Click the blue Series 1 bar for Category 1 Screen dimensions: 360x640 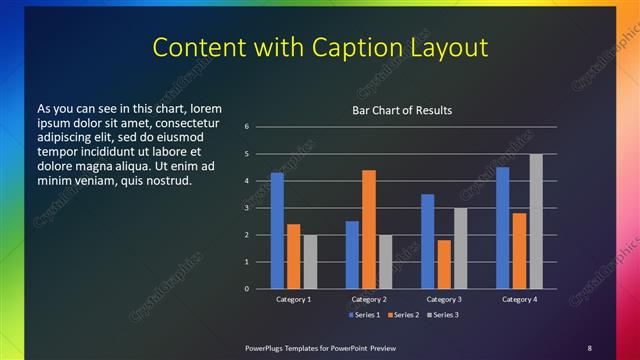[277, 230]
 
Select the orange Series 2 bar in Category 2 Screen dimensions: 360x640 [369, 229]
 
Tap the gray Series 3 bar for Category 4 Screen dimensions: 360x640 [536, 221]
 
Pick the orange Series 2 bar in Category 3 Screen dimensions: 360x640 [443, 264]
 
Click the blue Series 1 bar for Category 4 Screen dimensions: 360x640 [502, 228]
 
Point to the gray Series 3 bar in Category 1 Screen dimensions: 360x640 [310, 261]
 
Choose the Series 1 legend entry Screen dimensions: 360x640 [364, 315]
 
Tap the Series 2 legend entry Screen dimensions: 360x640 [401, 315]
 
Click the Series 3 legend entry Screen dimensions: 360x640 [439, 315]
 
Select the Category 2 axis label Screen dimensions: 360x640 [369, 299]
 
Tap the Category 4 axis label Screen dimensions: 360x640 [519, 299]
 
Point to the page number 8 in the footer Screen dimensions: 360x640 [589, 347]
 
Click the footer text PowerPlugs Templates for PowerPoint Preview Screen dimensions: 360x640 [320, 347]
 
